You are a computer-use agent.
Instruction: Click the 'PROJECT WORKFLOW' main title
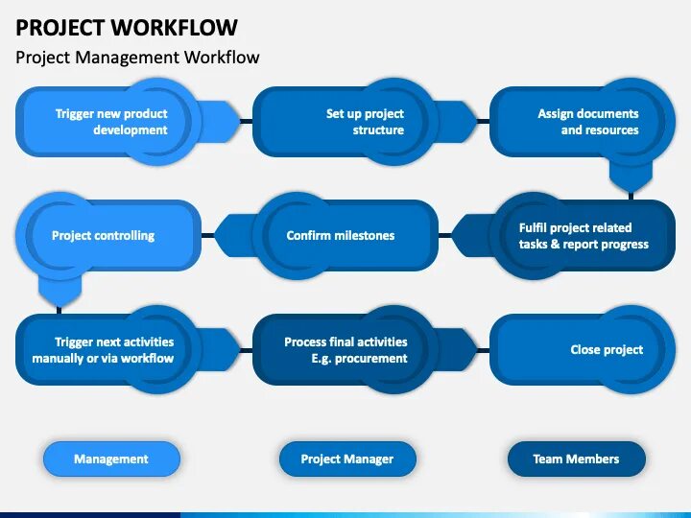tap(127, 27)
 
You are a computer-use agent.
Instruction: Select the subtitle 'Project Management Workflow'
tap(137, 58)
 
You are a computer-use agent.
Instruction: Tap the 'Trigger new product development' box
tap(110, 122)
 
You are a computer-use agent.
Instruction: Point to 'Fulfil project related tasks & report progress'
tap(583, 236)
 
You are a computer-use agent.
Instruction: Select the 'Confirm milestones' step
tap(341, 235)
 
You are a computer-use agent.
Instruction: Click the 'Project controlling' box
tap(104, 235)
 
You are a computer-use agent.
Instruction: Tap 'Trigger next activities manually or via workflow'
tap(104, 350)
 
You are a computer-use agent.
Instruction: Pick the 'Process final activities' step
tap(345, 350)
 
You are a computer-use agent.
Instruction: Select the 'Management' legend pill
tap(111, 459)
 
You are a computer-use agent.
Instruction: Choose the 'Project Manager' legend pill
tap(347, 459)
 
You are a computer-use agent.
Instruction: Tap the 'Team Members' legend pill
tap(576, 459)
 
